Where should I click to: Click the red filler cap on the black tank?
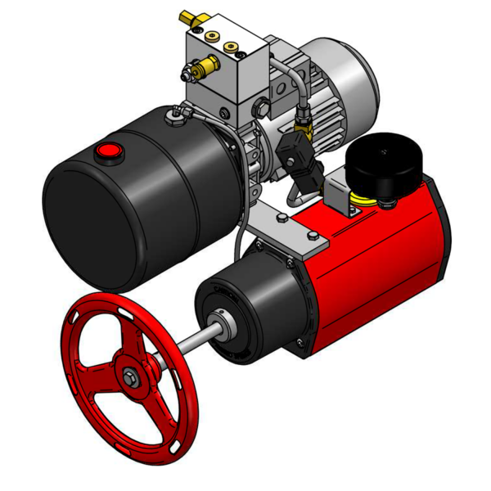(x=108, y=151)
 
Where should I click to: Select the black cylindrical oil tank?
(x=131, y=205)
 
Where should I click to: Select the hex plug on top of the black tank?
(x=173, y=119)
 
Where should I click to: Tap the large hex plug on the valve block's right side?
(x=261, y=106)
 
